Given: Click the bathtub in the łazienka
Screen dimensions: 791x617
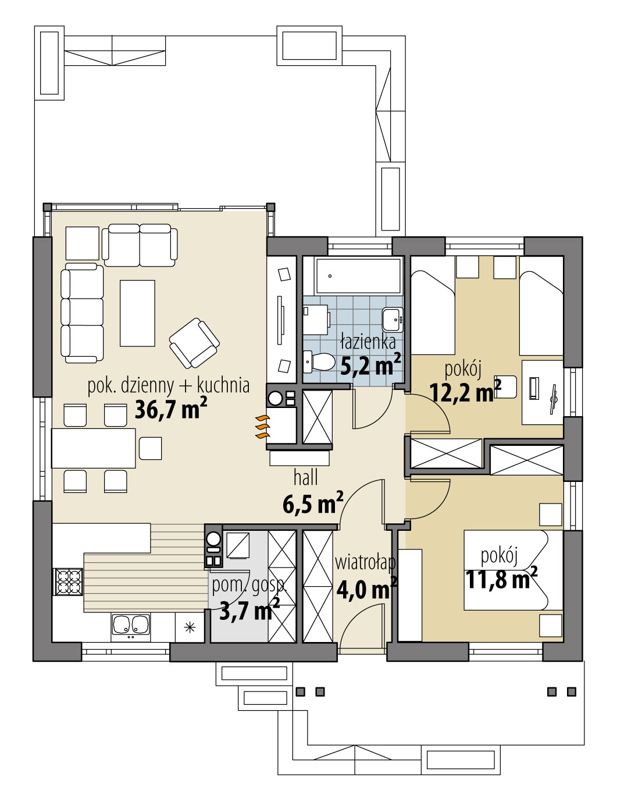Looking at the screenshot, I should coord(357,276).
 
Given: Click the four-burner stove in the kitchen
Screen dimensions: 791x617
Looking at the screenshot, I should coord(68,581).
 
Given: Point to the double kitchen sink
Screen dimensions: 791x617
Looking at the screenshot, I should coord(131,625).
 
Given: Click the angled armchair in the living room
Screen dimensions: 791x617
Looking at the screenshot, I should coord(194,343).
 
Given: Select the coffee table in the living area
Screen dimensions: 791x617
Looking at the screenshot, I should coord(137,313).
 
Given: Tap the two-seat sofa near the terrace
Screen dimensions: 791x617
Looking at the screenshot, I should coord(140,245).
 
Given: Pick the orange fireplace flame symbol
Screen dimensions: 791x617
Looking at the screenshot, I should coord(262,427).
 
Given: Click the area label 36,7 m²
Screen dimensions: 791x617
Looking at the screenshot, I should coord(170,409).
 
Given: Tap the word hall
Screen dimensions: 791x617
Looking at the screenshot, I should coord(305,478).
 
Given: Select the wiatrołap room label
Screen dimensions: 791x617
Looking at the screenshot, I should coord(365,562).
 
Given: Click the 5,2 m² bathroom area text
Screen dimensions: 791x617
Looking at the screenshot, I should coord(370,365).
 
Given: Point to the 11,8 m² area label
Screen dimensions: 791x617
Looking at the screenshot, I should coord(501,579).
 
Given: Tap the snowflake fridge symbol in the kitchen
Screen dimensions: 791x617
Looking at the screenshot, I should coord(190,627).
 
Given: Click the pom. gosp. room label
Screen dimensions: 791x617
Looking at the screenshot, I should coord(249,584).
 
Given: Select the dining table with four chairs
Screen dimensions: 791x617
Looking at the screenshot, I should coord(94,448).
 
